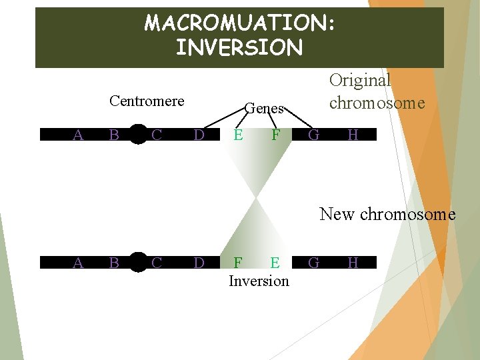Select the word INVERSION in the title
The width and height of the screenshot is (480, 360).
tap(239, 48)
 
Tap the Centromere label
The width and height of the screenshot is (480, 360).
tap(147, 101)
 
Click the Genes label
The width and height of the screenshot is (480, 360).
tap(265, 108)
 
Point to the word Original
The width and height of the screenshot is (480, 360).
tap(360, 80)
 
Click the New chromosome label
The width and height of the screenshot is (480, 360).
tap(387, 214)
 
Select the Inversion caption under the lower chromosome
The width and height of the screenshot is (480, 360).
tap(259, 281)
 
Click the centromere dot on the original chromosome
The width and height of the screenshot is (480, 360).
tap(138, 134)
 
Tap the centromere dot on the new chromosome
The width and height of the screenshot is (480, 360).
tap(138, 262)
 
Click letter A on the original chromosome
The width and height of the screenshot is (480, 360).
tap(78, 135)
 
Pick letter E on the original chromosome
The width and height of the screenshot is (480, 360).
tap(238, 135)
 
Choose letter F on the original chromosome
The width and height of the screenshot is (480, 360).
tap(275, 135)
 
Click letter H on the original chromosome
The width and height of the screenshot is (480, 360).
tap(353, 135)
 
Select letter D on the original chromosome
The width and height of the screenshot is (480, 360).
tap(199, 135)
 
